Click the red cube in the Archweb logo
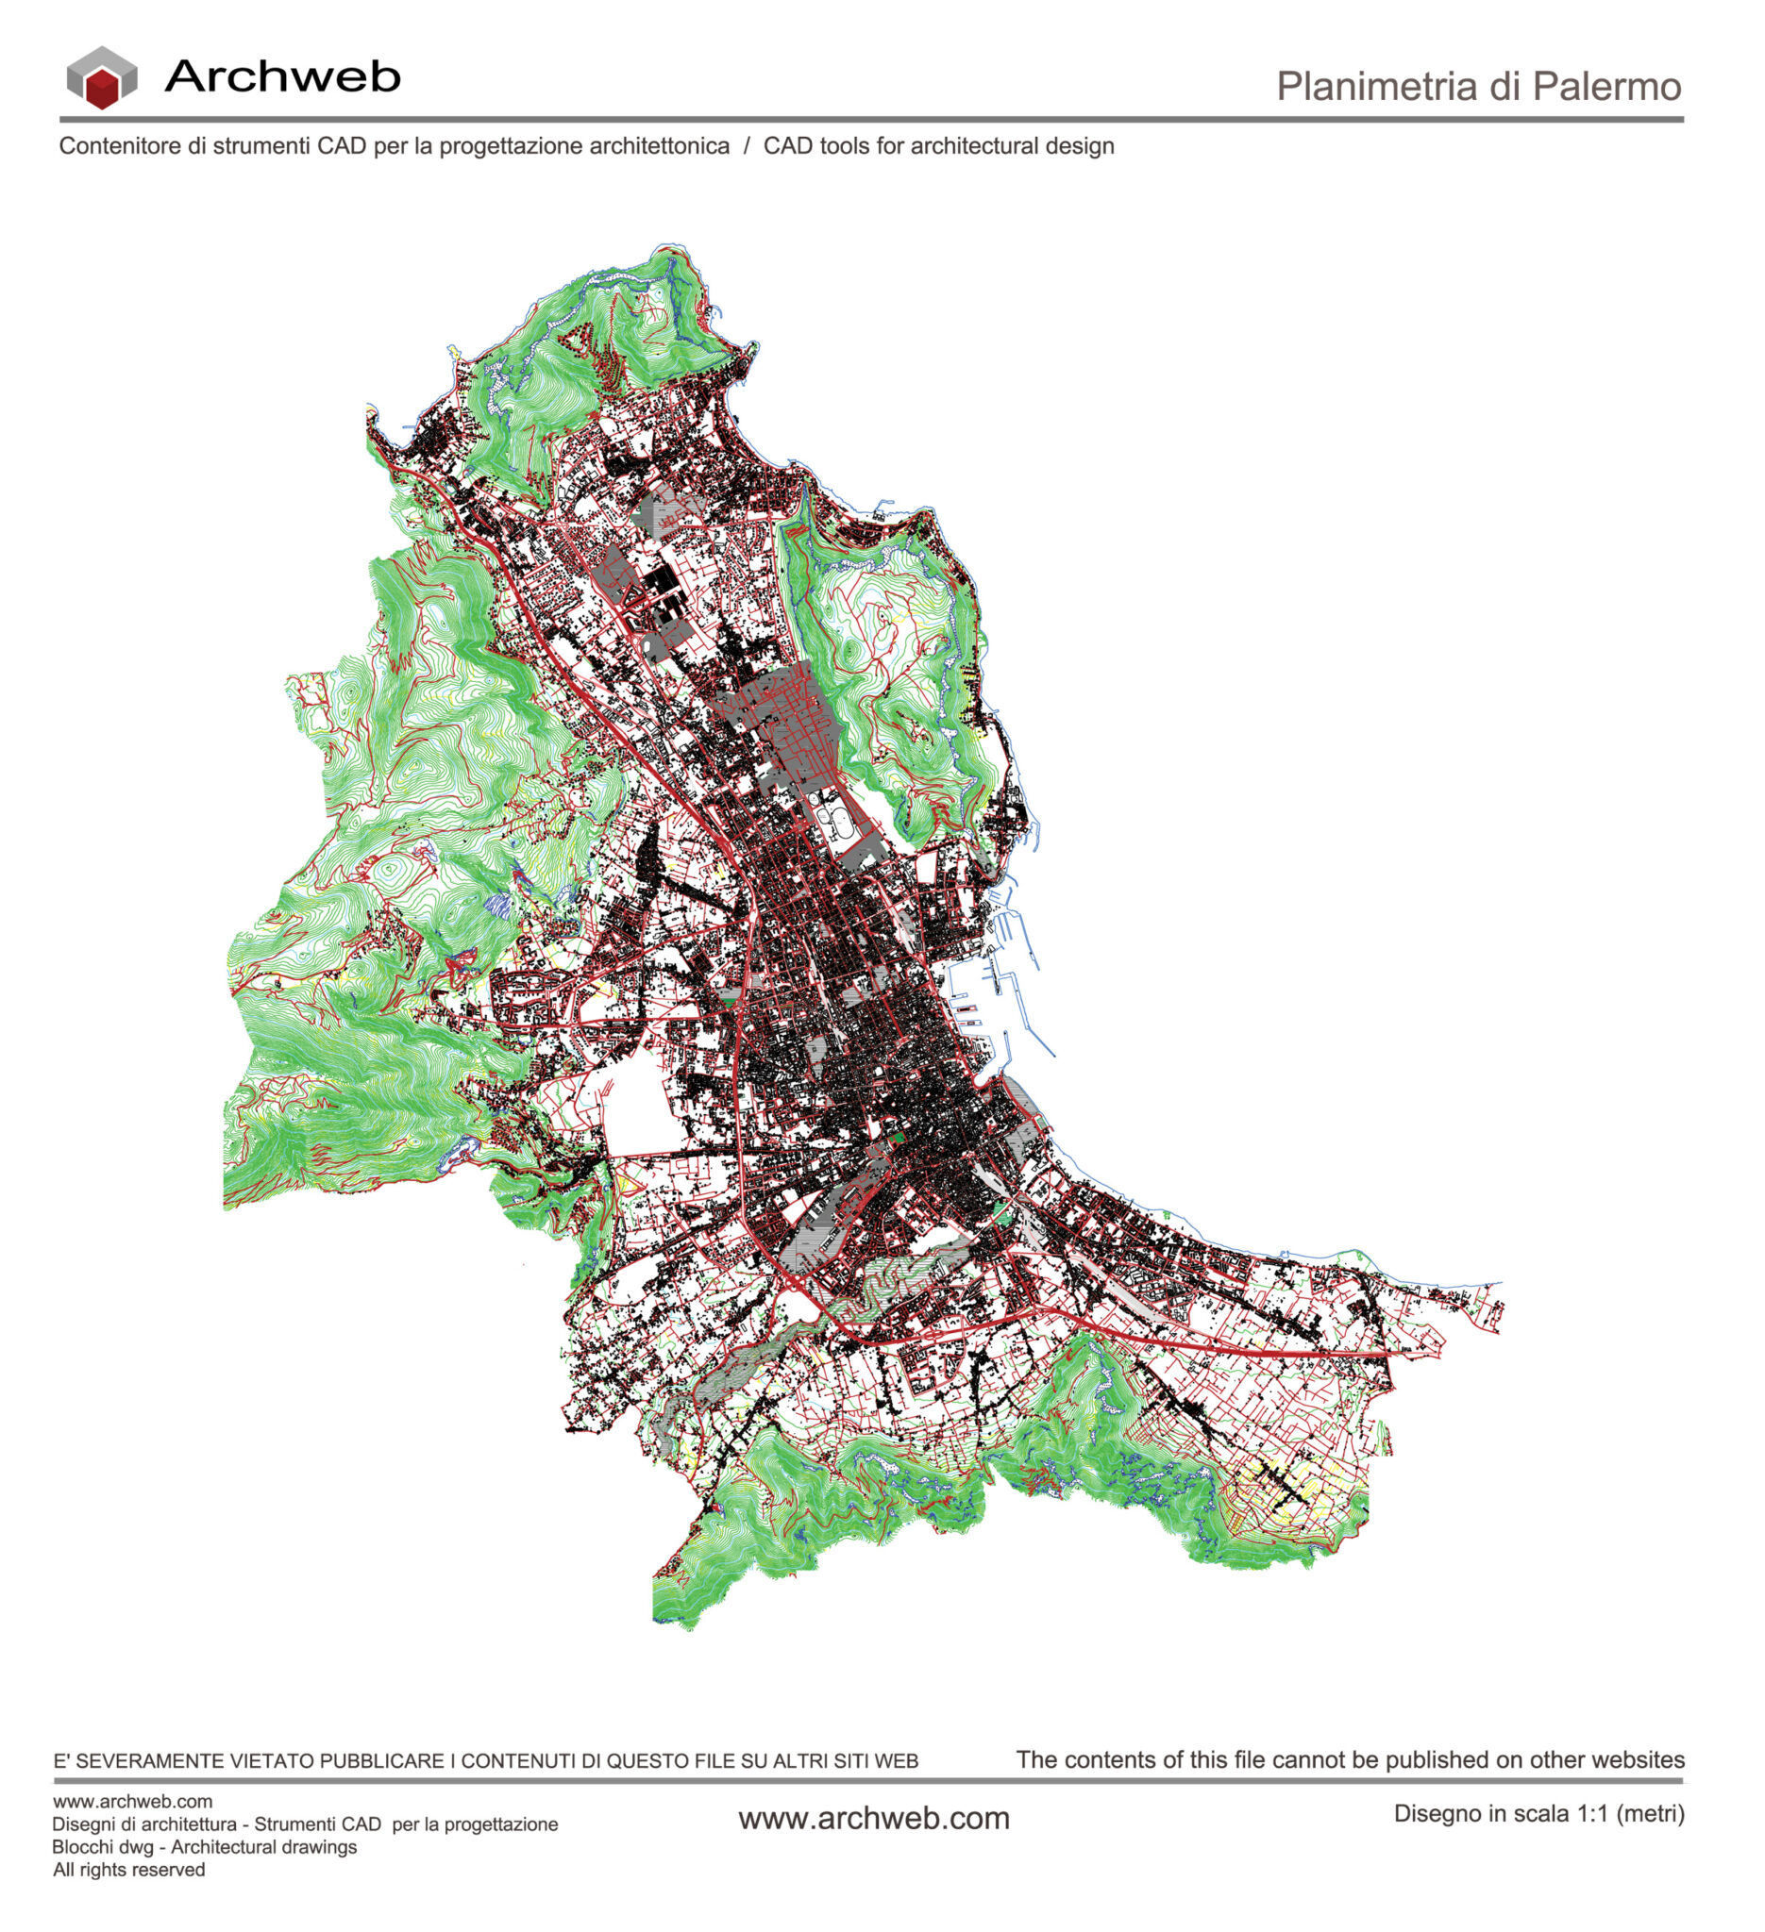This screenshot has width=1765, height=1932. tap(102, 90)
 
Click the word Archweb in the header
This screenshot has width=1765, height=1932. tap(283, 76)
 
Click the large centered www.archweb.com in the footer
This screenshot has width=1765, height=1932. tap(873, 1819)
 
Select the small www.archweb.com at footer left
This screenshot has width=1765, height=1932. tap(132, 1802)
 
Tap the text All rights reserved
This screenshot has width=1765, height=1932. tap(128, 1871)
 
